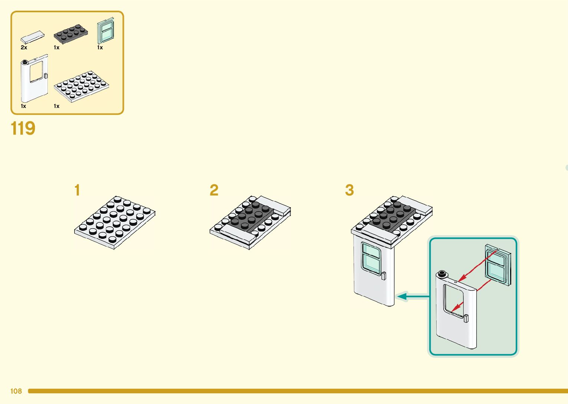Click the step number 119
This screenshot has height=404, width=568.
click(x=23, y=129)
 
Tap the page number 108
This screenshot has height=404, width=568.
click(x=16, y=391)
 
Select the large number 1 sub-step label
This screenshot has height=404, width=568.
click(x=77, y=190)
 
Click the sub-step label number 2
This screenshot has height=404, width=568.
click(x=214, y=190)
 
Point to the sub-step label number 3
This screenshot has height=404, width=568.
click(x=349, y=190)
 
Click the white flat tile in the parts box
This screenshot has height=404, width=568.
click(x=33, y=37)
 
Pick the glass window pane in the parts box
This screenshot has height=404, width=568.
click(x=105, y=31)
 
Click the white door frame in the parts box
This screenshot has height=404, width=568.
click(x=34, y=79)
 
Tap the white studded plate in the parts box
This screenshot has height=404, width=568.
click(x=81, y=86)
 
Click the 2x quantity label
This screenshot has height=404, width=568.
click(x=24, y=47)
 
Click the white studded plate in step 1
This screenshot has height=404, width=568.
click(x=115, y=223)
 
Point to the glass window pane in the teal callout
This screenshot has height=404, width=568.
click(x=498, y=265)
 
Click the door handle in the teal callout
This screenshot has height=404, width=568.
click(x=466, y=318)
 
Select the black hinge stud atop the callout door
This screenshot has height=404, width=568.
click(x=441, y=275)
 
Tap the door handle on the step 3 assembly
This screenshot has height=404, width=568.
click(x=384, y=275)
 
